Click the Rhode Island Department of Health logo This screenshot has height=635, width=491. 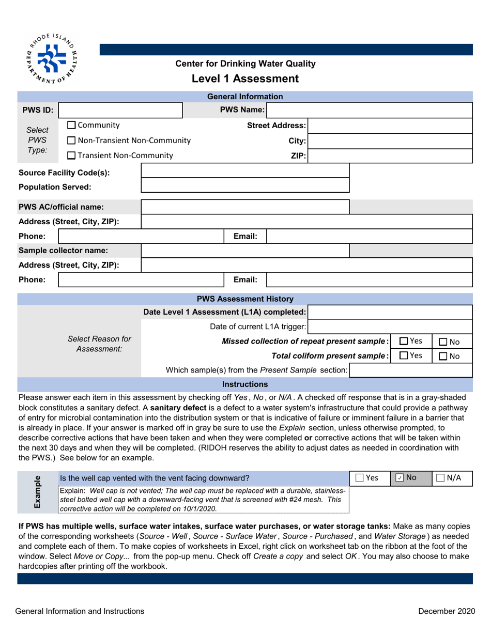click(52, 58)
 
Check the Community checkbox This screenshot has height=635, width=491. click(72, 126)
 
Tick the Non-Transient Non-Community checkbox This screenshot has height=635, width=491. click(72, 141)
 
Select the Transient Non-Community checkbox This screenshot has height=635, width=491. click(72, 156)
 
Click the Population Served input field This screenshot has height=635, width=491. click(245, 187)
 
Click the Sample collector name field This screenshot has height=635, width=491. click(245, 251)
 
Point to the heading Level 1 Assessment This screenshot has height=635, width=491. click(245, 79)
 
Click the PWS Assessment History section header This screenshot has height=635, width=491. click(245, 299)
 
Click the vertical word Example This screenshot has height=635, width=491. click(38, 492)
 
